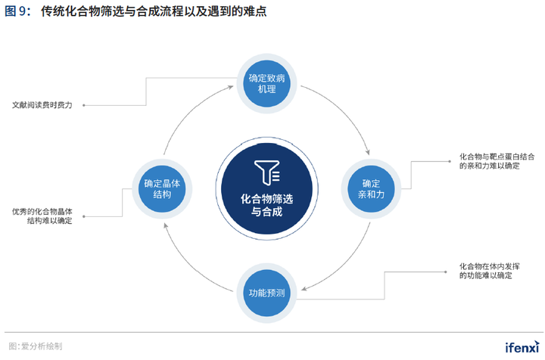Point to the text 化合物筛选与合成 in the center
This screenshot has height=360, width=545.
pos(266,205)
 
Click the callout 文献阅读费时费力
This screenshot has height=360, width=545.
pos(42,105)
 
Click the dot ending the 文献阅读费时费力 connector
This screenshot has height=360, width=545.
pos(83,105)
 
